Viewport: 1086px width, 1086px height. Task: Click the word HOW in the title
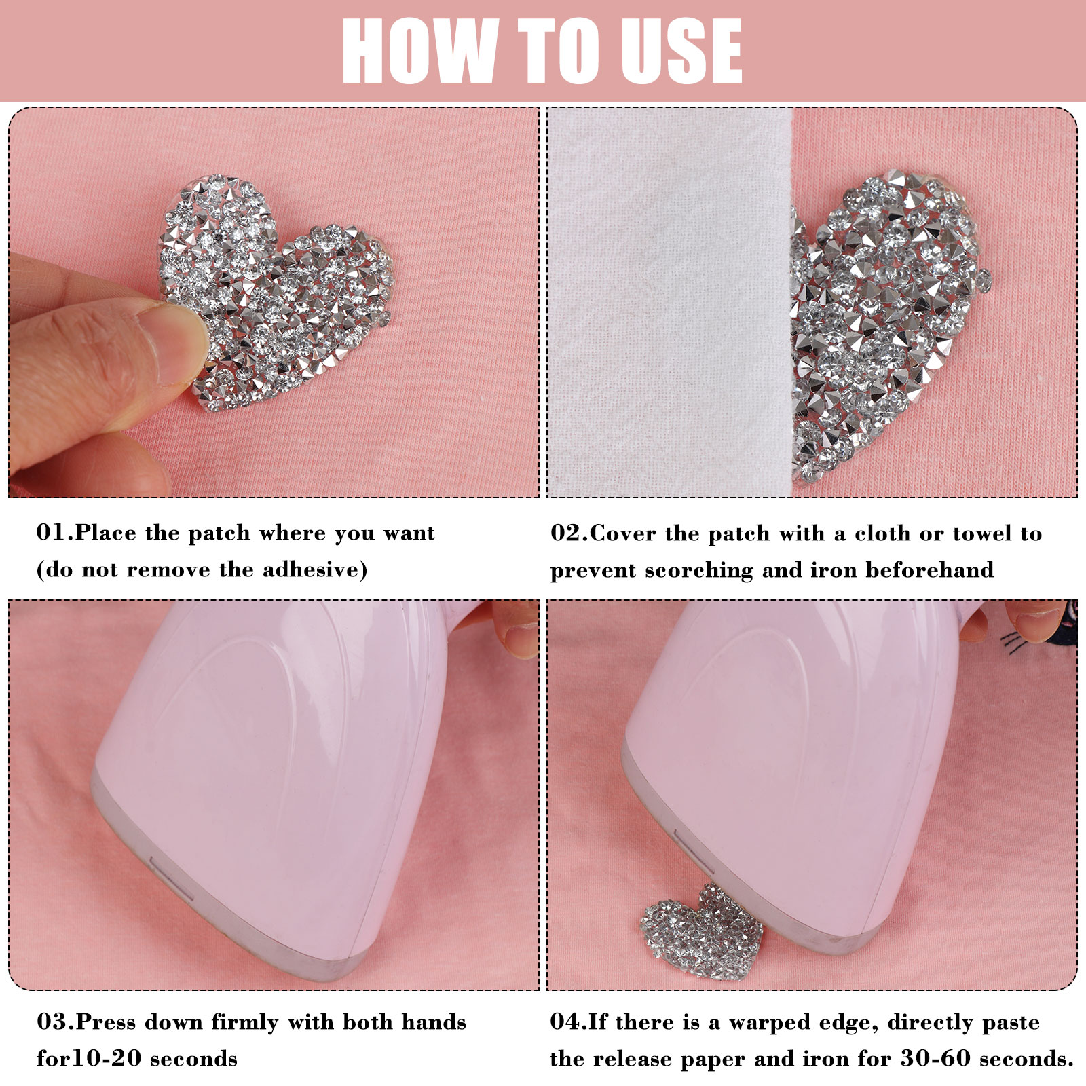tap(420, 51)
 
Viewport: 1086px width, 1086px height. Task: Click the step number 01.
tap(55, 533)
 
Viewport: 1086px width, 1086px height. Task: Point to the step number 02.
tap(569, 533)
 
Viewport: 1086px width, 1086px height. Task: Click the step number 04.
tap(569, 1022)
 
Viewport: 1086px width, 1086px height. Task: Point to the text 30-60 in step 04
tap(936, 1059)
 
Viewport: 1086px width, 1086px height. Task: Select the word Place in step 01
tap(106, 533)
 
